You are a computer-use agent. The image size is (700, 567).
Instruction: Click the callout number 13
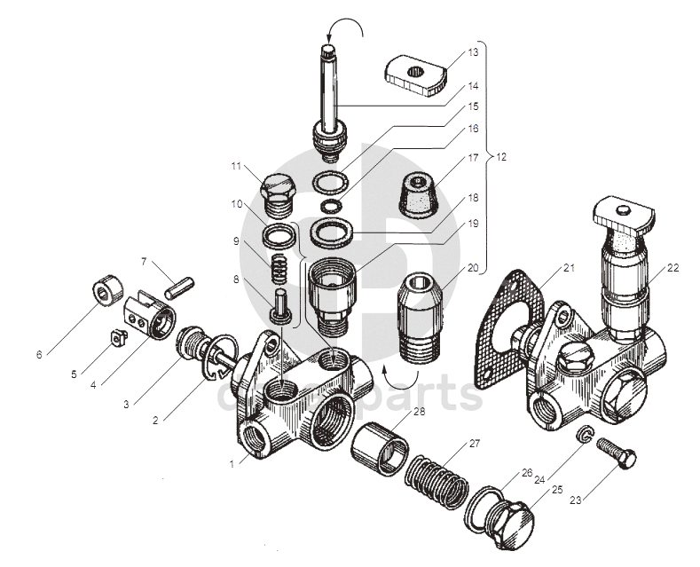[x=473, y=53]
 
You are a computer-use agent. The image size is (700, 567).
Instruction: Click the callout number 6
[x=39, y=355]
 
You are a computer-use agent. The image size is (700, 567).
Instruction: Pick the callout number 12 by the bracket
[x=501, y=157]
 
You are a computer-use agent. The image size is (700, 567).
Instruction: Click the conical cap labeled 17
[x=417, y=193]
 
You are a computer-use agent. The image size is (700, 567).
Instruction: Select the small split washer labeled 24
[x=585, y=436]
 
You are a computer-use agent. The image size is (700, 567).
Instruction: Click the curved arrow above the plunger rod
[x=350, y=31]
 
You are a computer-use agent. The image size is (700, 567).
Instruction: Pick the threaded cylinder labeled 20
[x=421, y=316]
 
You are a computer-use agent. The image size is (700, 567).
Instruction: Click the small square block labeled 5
[x=114, y=336]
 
